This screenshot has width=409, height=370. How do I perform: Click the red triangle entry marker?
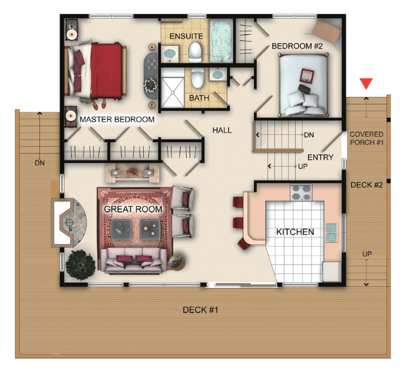tap(366, 83)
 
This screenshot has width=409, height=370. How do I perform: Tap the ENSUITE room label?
tap(186, 36)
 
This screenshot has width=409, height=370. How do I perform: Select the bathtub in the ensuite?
tap(222, 41)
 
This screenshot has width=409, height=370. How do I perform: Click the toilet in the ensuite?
tap(195, 52)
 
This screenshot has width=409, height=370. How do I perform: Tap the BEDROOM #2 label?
tap(297, 46)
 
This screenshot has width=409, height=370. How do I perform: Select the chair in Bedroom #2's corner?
tap(324, 33)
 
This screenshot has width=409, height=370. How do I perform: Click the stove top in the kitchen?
tap(301, 192)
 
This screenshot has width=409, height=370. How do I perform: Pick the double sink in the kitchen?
tap(331, 233)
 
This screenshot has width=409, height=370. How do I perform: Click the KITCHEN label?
tap(295, 232)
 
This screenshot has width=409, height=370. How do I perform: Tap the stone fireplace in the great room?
tap(69, 223)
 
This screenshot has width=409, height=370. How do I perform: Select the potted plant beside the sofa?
tap(80, 265)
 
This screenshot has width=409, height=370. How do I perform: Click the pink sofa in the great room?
tap(134, 260)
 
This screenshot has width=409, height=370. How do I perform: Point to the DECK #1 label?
tap(200, 310)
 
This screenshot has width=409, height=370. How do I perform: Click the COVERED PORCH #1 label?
tap(366, 138)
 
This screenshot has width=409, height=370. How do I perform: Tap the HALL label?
tap(222, 130)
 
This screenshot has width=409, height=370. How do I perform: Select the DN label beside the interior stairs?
tap(309, 135)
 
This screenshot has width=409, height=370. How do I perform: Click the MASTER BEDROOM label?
tap(117, 119)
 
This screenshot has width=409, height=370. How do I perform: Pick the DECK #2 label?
tap(366, 185)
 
